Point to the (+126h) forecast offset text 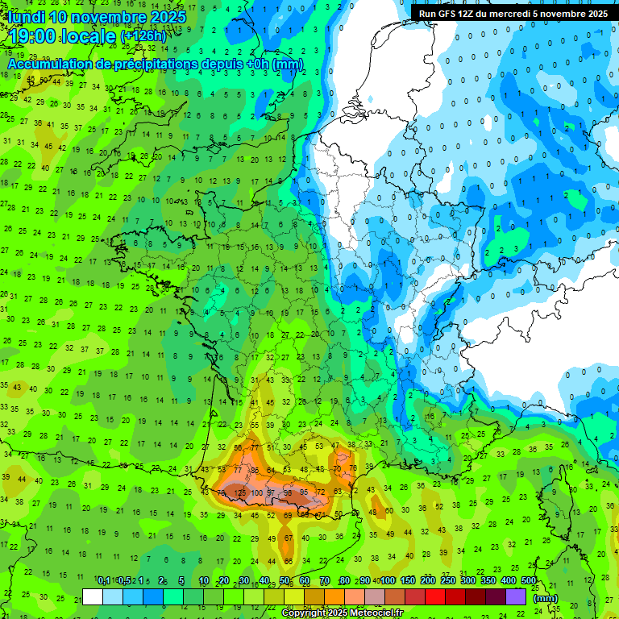[143, 37]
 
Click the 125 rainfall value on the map [239, 492]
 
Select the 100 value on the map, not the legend [257, 492]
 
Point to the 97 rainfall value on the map [272, 492]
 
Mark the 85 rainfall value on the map [255, 471]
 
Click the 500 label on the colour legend [529, 581]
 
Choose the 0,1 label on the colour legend [104, 581]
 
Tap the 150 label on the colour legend [408, 581]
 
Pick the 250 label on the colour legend [448, 581]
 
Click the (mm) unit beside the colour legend [546, 598]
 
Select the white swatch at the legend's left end [93, 597]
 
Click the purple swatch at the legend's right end [516, 597]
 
